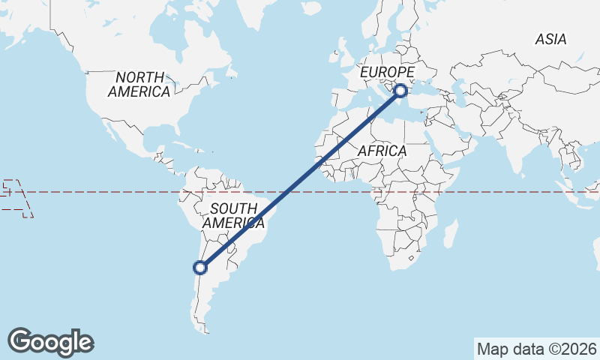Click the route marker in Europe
[400, 91]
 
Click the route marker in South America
[200, 267]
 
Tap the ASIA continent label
[551, 40]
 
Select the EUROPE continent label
[387, 72]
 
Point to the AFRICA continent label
[382, 151]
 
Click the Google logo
[50, 342]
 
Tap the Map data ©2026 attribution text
[537, 349]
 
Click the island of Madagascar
[450, 233]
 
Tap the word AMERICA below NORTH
[139, 91]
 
